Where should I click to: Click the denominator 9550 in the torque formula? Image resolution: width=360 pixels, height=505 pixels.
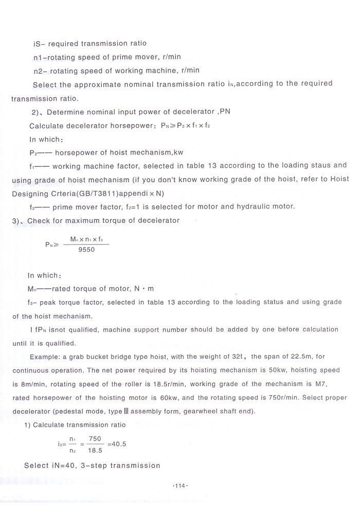(86, 249)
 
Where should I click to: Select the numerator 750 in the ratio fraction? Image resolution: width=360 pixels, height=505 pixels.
(95, 439)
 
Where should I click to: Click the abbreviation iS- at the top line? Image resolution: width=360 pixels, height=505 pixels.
(39, 44)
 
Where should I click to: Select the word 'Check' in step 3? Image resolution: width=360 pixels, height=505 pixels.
(39, 221)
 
